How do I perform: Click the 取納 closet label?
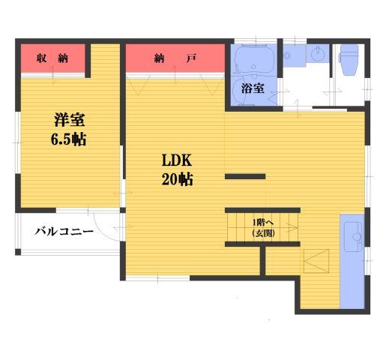click(x=52, y=58)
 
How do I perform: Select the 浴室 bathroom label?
click(x=253, y=88)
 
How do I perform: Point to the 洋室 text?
click(x=68, y=118)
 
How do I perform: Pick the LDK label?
click(x=178, y=160)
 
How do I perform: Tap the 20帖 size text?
click(x=178, y=180)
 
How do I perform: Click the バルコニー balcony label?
click(x=64, y=232)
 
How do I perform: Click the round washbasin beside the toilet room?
click(x=319, y=55)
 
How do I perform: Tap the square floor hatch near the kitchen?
click(x=316, y=262)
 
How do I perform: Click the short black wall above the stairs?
click(x=245, y=177)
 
